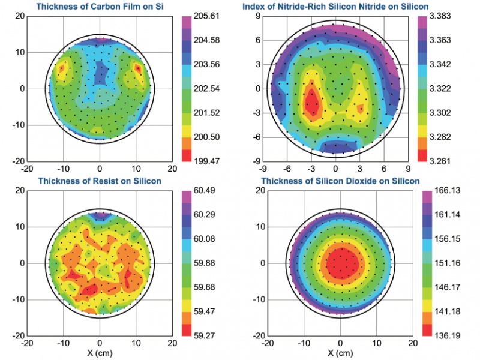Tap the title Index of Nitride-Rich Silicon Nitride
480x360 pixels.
[x=335, y=7]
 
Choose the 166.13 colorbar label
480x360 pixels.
[x=448, y=191]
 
